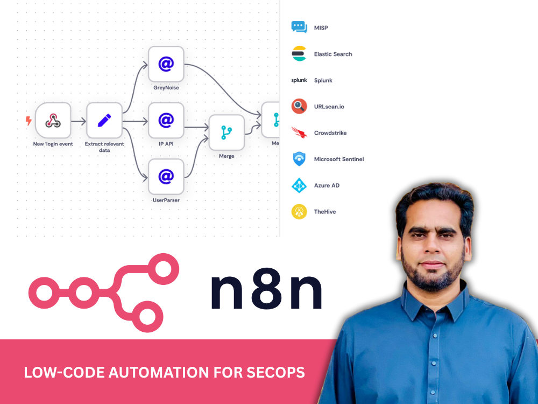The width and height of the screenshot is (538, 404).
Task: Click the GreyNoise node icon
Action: [x=166, y=64]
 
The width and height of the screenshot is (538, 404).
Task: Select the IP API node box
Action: [x=166, y=120]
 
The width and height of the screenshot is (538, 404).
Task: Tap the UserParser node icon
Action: [x=166, y=177]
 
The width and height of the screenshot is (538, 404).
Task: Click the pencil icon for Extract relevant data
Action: [x=104, y=120]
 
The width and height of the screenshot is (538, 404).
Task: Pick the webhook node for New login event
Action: [x=53, y=120]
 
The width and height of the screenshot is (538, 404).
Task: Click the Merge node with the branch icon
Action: [x=226, y=133]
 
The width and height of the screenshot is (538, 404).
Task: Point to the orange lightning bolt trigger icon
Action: [x=29, y=121]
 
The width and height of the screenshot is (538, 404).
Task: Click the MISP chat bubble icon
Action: [x=299, y=27]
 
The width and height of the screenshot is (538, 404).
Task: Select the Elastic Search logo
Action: [x=299, y=53]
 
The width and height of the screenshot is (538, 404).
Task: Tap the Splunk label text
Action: [x=323, y=80]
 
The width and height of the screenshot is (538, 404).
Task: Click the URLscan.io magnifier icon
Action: [x=299, y=106]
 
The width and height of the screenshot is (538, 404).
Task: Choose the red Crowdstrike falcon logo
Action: [x=299, y=133]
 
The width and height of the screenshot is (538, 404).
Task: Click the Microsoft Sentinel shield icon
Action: [x=299, y=159]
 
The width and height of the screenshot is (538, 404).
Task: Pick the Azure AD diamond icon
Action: [x=299, y=185]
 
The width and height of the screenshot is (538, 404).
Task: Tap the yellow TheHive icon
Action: [x=299, y=212]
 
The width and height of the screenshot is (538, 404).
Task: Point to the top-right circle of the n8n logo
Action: [x=163, y=269]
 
